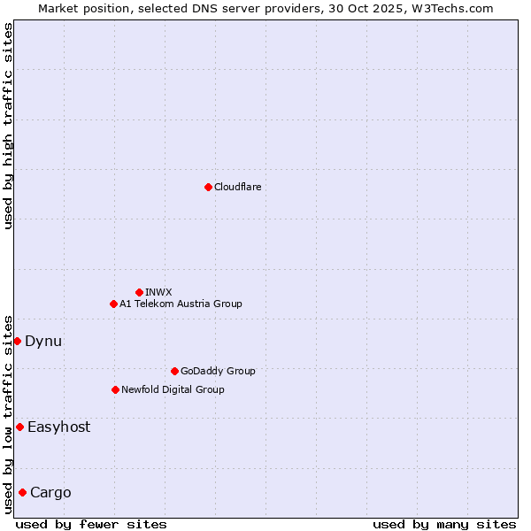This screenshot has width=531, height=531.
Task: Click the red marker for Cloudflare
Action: (208, 187)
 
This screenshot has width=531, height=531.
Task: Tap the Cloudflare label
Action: (237, 187)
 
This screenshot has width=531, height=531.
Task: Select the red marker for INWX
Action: (139, 292)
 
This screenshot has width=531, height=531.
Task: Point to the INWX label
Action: (158, 292)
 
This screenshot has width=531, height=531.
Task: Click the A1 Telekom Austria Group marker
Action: (113, 304)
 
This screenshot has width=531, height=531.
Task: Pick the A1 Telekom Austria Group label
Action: (181, 304)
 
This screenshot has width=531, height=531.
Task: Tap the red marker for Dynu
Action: (17, 341)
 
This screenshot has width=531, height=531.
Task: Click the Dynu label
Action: (43, 341)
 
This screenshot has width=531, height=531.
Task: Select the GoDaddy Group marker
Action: (174, 371)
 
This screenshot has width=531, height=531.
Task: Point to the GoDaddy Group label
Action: (218, 371)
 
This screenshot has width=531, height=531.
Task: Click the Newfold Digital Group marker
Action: (115, 389)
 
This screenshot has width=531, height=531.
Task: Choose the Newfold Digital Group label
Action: (173, 389)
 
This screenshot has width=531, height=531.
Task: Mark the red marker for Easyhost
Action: (19, 427)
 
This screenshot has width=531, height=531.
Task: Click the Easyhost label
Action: (58, 427)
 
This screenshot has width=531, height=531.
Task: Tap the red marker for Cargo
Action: (22, 492)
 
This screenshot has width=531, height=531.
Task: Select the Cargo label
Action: (50, 492)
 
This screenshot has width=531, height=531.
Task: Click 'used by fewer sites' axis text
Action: (91, 524)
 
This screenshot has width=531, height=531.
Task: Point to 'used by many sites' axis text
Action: (444, 524)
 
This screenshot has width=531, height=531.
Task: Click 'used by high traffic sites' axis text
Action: (8, 126)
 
